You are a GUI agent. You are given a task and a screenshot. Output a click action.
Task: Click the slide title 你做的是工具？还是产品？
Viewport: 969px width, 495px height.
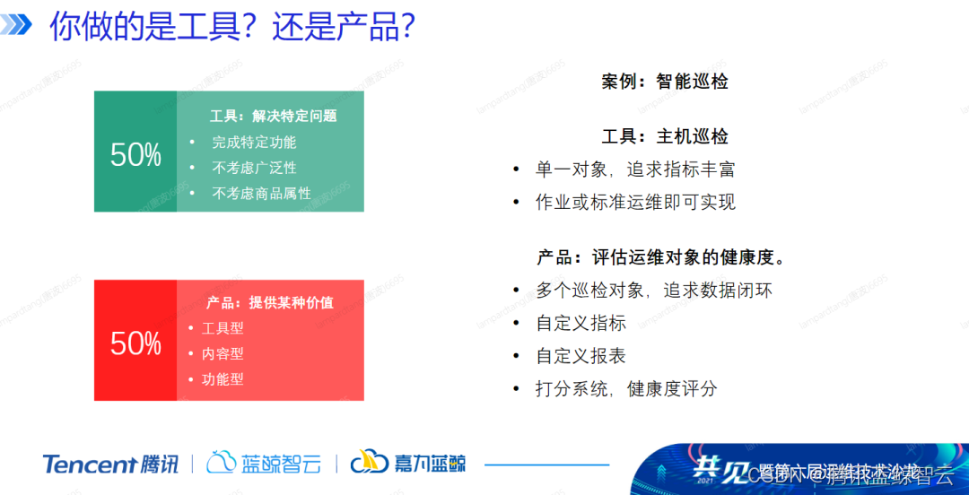point(231,27)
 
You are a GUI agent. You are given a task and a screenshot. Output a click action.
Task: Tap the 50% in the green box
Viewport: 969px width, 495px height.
point(135,155)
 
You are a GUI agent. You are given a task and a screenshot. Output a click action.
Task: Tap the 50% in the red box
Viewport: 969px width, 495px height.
point(135,343)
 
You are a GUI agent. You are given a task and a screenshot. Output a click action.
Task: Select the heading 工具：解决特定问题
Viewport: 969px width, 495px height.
point(273,116)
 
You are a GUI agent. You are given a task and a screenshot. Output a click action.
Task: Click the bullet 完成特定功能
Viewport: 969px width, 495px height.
point(254,142)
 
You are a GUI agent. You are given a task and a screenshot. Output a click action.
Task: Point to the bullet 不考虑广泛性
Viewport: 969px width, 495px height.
point(254,168)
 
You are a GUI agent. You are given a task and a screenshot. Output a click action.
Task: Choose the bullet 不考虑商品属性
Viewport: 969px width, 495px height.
point(261,193)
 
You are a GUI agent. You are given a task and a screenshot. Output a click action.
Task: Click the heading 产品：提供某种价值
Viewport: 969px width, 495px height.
point(269,302)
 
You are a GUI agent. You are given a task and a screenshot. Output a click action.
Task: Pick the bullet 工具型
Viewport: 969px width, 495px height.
point(223,328)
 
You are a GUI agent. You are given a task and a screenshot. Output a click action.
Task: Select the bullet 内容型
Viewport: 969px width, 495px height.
point(223,353)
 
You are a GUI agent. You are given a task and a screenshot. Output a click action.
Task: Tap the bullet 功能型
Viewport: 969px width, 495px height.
point(223,378)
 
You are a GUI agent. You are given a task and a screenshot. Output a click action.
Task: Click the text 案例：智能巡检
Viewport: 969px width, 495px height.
point(664,82)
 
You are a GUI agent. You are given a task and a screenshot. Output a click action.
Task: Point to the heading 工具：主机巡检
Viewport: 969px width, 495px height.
point(664,136)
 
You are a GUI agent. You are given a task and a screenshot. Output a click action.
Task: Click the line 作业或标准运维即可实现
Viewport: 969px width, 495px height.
point(635,202)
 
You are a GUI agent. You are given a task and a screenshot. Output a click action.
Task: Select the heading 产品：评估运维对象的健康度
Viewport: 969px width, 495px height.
point(662,257)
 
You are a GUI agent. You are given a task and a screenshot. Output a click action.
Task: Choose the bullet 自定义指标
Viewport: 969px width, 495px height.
point(581,323)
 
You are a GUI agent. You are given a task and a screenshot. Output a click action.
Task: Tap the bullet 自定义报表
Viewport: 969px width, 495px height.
point(581,356)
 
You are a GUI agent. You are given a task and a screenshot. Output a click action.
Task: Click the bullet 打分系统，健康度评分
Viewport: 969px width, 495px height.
point(626,388)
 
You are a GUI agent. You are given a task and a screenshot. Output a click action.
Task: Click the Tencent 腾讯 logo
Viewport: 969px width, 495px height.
point(110,464)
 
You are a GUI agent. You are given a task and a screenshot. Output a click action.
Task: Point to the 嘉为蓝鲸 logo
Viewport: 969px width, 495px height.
point(408,463)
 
